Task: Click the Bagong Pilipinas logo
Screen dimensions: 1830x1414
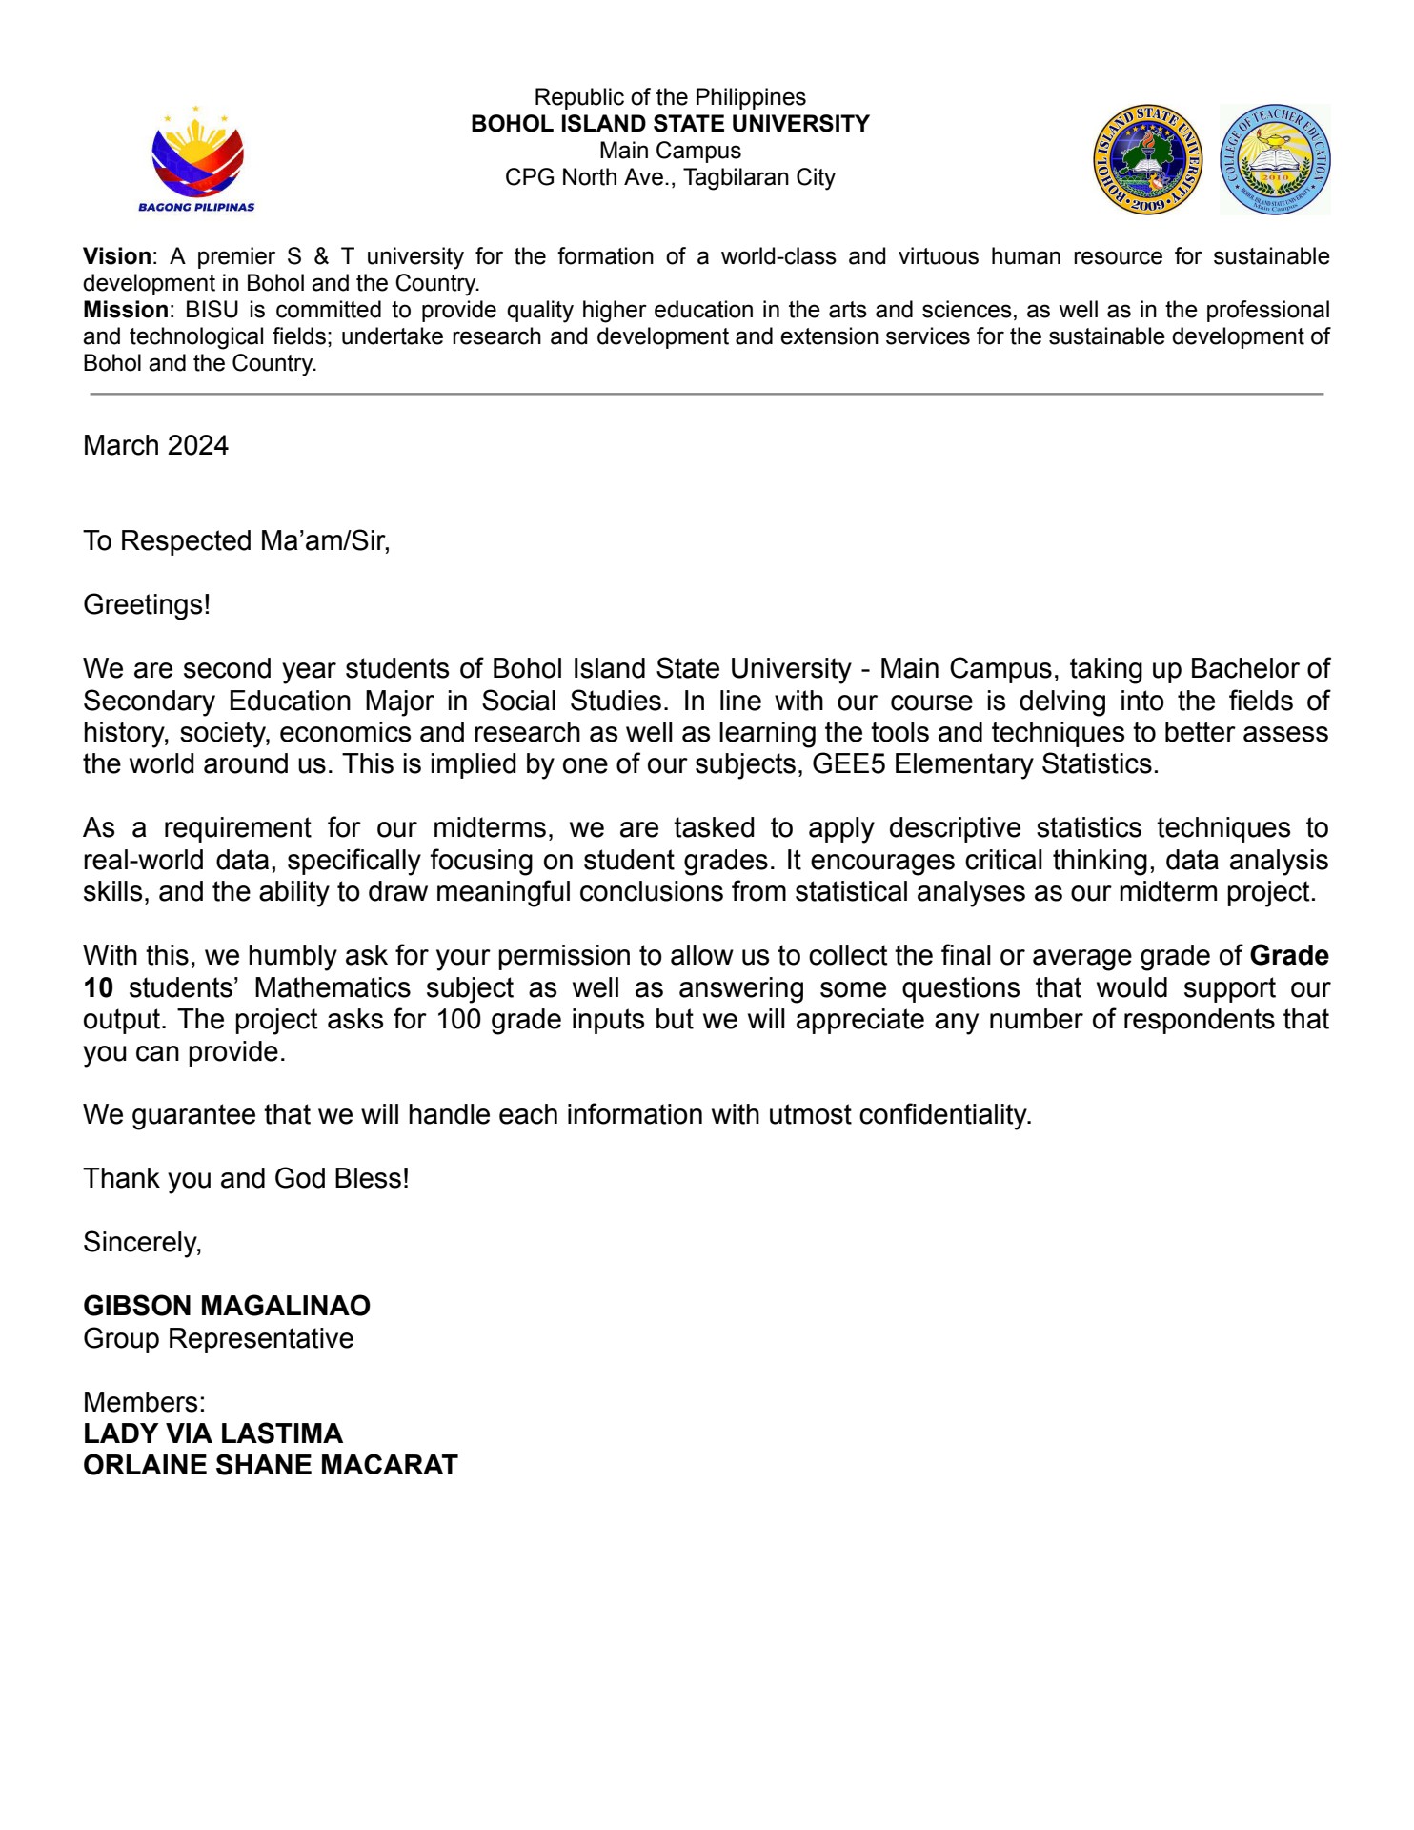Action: coord(196,159)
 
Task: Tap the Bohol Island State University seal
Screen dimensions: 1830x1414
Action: coord(1147,159)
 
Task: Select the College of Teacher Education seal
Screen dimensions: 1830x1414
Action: coord(1275,159)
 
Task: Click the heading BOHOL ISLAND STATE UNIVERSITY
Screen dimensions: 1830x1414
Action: coord(670,124)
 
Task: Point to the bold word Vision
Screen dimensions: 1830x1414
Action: coord(117,256)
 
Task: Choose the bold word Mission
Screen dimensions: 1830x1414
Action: coord(125,310)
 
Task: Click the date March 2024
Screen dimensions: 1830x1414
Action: coord(155,445)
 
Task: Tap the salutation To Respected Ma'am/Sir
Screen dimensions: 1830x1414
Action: coord(236,540)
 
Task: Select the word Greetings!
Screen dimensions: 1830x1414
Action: coord(147,604)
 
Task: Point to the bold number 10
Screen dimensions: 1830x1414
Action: coord(98,987)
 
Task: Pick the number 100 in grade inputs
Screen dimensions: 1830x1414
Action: coord(459,1019)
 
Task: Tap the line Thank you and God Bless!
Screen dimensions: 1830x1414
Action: coord(246,1178)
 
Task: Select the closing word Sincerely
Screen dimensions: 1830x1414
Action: coord(142,1242)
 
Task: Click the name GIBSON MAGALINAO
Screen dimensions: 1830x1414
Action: coord(227,1306)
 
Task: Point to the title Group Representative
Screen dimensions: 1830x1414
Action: coord(218,1338)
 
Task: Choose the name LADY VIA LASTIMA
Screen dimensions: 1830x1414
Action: coord(212,1433)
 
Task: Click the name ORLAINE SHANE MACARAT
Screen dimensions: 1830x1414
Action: coord(271,1465)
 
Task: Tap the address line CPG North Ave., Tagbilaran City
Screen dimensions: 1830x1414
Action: coord(670,177)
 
